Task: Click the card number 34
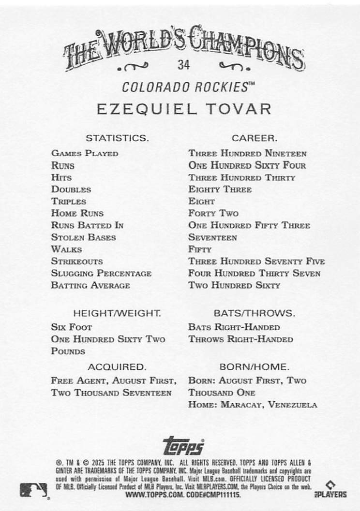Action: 183,65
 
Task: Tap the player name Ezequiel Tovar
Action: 183,108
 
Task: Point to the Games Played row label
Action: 85,154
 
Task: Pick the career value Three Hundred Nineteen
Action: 247,154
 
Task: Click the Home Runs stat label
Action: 77,213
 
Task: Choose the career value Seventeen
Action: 213,237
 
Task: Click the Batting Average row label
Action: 90,285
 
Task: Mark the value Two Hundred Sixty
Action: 234,285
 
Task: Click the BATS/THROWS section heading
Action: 254,313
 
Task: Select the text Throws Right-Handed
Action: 240,339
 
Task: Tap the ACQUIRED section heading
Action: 117,366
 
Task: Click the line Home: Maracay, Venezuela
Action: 253,405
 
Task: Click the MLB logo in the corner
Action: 33,490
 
